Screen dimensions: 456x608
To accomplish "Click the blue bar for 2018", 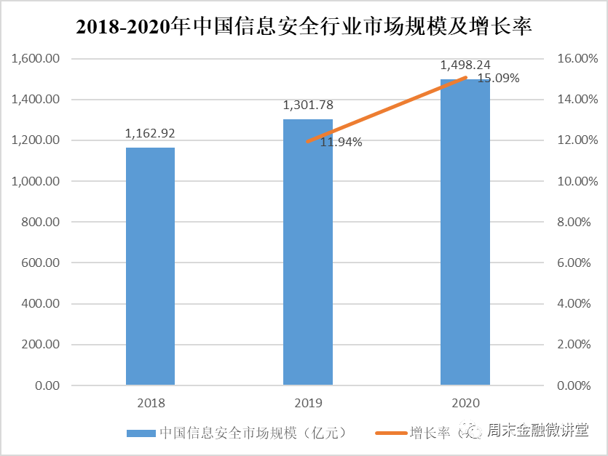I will (x=150, y=265).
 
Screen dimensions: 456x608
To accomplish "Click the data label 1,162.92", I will (x=150, y=133).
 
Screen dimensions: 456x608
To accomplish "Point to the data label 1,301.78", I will (x=308, y=105).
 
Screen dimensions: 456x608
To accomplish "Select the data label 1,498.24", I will (x=466, y=65).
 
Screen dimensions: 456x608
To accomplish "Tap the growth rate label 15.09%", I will (x=498, y=79).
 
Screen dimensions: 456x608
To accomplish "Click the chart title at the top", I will (x=304, y=28).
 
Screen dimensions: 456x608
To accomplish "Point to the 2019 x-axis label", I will (x=307, y=402).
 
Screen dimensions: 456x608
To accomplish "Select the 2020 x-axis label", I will (x=465, y=402).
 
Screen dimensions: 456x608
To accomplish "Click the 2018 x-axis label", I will (x=150, y=402).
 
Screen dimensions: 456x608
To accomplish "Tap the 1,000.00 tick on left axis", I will (x=36, y=181).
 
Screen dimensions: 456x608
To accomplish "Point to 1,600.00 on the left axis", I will (x=36, y=59).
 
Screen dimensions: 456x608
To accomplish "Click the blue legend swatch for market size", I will (x=141, y=433).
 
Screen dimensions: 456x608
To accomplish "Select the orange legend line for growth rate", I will (x=389, y=433).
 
